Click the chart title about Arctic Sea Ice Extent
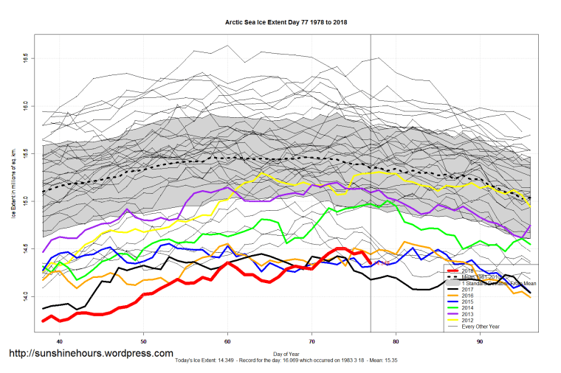pyautogui.click(x=286, y=22)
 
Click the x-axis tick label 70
pyautogui.click(x=312, y=342)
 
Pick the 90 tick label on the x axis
pyautogui.click(x=481, y=342)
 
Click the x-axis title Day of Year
pyautogui.click(x=286, y=353)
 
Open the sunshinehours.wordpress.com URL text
pyautogui.click(x=92, y=354)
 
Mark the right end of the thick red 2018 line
pyautogui.click(x=370, y=262)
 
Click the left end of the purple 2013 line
pyautogui.click(x=43, y=252)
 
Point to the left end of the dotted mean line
pyautogui.click(x=43, y=192)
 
